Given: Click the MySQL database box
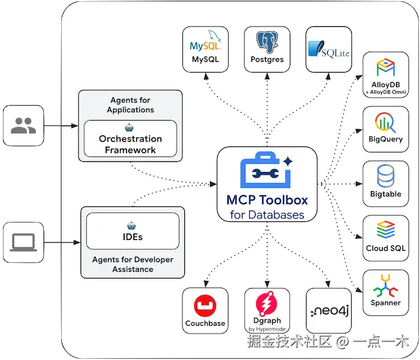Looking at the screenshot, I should tap(205, 49).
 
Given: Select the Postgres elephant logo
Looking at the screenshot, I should tap(267, 41).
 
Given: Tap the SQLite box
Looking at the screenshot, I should tap(328, 49).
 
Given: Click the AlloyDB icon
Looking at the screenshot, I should tap(385, 67).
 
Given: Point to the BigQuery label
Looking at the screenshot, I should tap(385, 140).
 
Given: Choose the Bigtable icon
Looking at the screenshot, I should tap(385, 176).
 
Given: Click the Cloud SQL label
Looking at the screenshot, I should tap(385, 248).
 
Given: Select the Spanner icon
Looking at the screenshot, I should tap(385, 284).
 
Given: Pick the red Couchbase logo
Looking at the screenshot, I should tap(205, 306).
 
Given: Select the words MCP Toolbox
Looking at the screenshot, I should tap(267, 200).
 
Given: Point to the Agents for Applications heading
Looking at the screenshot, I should tap(130, 105).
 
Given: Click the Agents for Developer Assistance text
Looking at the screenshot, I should tap(133, 265).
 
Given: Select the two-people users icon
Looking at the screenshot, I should tap(23, 125).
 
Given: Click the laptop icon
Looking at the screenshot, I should tap(23, 242).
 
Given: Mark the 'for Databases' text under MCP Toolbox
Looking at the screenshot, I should tap(267, 215).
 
